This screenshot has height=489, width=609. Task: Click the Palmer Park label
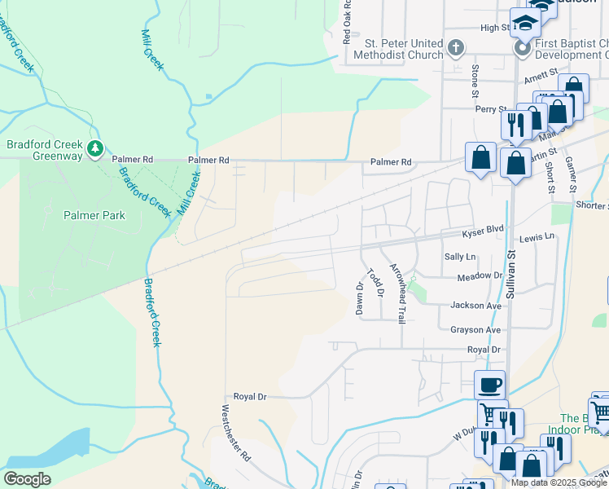coord(95,215)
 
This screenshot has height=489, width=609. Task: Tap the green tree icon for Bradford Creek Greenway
coord(96,148)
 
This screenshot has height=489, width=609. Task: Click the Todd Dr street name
coord(374,282)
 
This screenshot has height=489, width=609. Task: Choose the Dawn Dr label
coord(358,298)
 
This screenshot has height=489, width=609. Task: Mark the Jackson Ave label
coord(475,306)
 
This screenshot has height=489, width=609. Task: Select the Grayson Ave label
coord(475,330)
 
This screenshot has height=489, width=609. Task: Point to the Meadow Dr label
coord(480,277)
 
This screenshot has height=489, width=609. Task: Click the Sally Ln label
coord(460,257)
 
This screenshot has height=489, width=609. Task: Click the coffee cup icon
coord(489,385)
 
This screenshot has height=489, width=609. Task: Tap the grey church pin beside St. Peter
coord(456,48)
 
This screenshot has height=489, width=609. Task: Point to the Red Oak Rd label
coord(348,21)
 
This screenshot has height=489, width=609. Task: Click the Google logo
coord(27,479)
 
